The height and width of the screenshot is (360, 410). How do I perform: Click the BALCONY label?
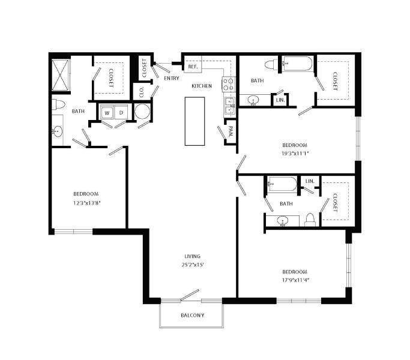coord(193,316)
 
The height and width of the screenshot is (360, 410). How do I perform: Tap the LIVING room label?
coord(193,256)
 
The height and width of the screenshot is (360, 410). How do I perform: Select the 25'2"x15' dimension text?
coord(193,265)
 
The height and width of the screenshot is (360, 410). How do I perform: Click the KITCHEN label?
coord(202,86)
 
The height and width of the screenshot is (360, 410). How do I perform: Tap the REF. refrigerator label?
coord(193,67)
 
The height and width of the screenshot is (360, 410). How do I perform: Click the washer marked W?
coord(107,112)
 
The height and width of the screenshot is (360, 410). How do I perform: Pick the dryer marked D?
coord(121,112)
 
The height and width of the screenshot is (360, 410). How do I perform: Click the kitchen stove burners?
coord(229,84)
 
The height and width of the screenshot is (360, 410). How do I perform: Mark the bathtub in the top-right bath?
coord(297,64)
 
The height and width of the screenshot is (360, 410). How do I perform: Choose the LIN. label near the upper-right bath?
coord(280,100)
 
